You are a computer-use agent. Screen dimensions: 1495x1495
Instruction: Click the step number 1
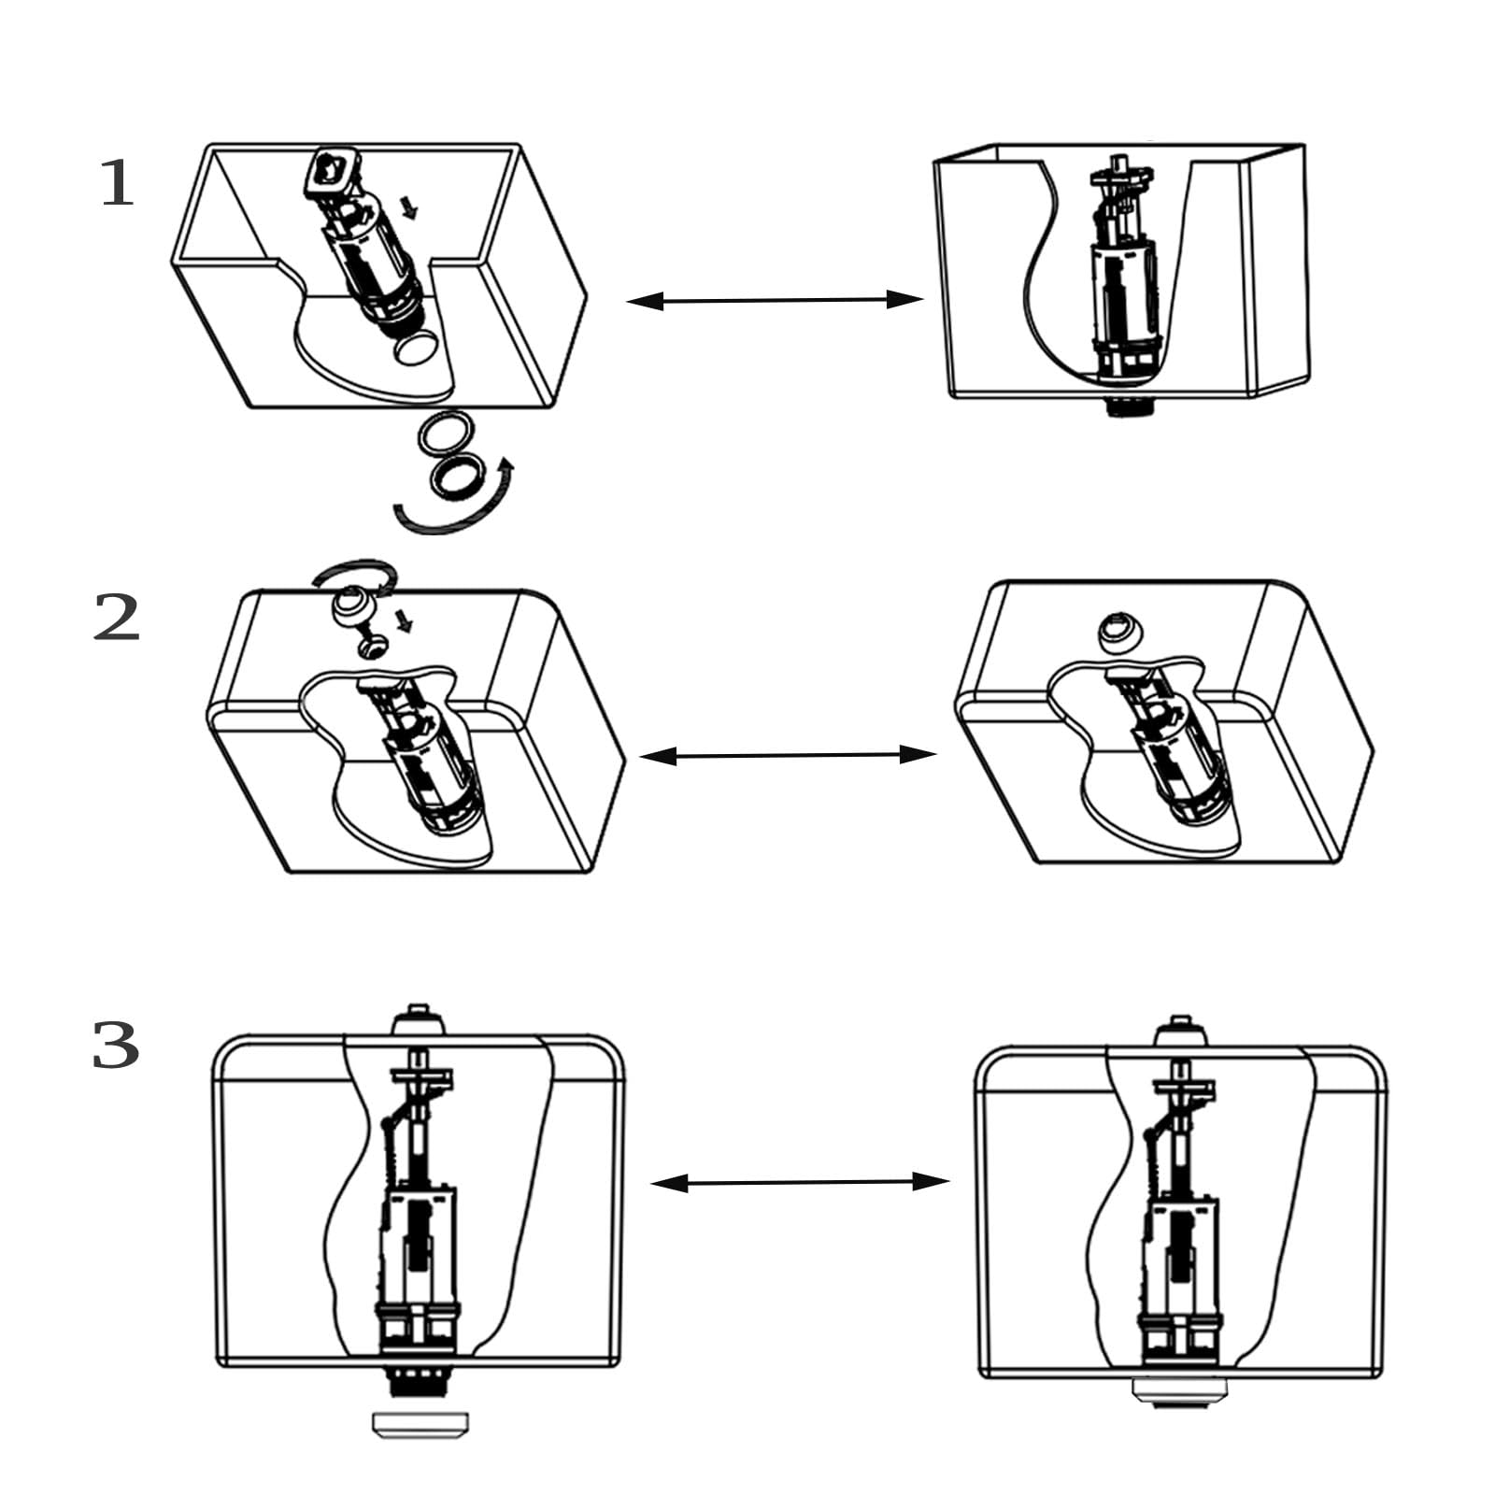tap(118, 183)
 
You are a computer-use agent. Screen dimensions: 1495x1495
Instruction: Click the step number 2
tap(117, 619)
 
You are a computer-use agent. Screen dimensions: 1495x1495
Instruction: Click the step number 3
tap(116, 1046)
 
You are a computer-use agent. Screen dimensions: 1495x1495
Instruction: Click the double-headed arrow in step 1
tap(775, 300)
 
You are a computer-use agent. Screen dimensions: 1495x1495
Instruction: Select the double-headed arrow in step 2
tap(788, 755)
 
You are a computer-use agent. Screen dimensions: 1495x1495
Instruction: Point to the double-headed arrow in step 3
tap(800, 1183)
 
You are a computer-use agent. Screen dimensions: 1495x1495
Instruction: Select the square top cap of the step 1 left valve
tap(332, 169)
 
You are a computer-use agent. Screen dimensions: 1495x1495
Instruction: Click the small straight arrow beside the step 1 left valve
tap(407, 207)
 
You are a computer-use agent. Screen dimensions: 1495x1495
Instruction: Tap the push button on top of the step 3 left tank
tap(418, 1019)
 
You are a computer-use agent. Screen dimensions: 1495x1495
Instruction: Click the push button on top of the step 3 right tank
tap(1180, 1030)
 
